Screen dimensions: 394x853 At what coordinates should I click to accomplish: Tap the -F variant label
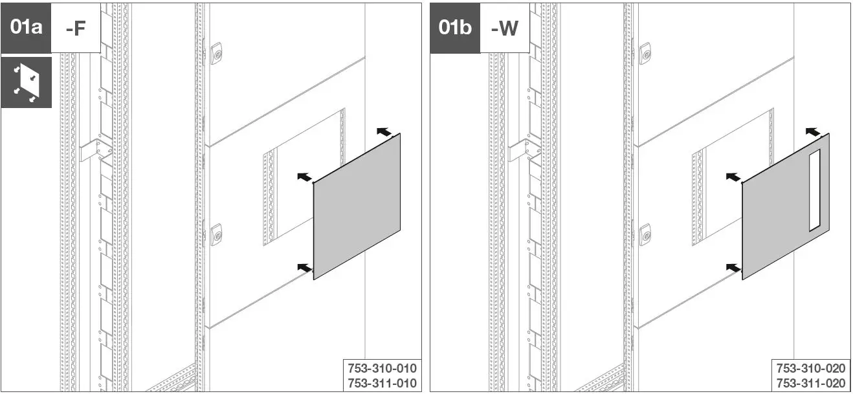coord(76,28)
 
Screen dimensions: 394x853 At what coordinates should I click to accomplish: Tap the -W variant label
coord(504,28)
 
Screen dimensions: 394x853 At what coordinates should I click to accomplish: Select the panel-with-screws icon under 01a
coord(26,82)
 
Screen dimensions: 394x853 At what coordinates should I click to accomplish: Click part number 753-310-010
coord(382,368)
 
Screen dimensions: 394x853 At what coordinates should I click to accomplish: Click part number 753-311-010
coord(382,382)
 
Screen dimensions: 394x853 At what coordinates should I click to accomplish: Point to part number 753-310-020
coord(811,368)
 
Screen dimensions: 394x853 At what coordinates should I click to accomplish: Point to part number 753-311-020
coord(811,382)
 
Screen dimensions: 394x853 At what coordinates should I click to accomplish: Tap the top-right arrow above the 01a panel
coord(384,131)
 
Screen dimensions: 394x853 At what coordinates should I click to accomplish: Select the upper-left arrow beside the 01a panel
coord(304,177)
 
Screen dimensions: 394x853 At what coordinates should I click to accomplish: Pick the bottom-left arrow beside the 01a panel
coord(304,267)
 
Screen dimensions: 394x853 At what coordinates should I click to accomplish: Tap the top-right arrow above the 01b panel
coord(814,131)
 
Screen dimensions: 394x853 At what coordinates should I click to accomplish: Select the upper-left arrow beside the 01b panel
coord(733,177)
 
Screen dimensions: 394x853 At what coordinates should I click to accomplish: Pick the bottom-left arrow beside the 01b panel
coord(733,267)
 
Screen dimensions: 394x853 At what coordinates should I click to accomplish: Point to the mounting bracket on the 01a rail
coord(94,151)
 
